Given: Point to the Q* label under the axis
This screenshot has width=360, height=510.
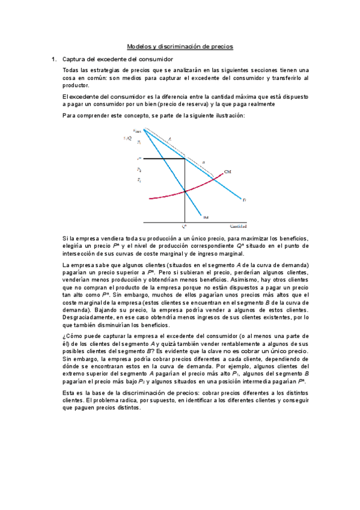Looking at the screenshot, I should point(184,226).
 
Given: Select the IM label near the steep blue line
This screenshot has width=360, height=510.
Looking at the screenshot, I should point(206,217).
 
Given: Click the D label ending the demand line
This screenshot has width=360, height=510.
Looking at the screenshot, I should point(245,200).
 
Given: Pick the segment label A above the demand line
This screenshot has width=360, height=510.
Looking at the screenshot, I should point(169,139).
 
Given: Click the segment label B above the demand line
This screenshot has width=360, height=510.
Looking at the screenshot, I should point(203,162).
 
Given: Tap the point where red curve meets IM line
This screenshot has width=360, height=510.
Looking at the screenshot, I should point(185,191).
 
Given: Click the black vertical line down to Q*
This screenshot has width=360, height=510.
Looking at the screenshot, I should point(185,204).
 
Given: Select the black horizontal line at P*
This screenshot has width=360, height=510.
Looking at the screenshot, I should point(162,159).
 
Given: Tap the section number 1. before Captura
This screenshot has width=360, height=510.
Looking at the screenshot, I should point(53,59).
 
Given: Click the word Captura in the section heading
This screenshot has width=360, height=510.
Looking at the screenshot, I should point(75,59).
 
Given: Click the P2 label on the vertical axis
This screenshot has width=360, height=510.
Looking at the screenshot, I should point(139,170).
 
